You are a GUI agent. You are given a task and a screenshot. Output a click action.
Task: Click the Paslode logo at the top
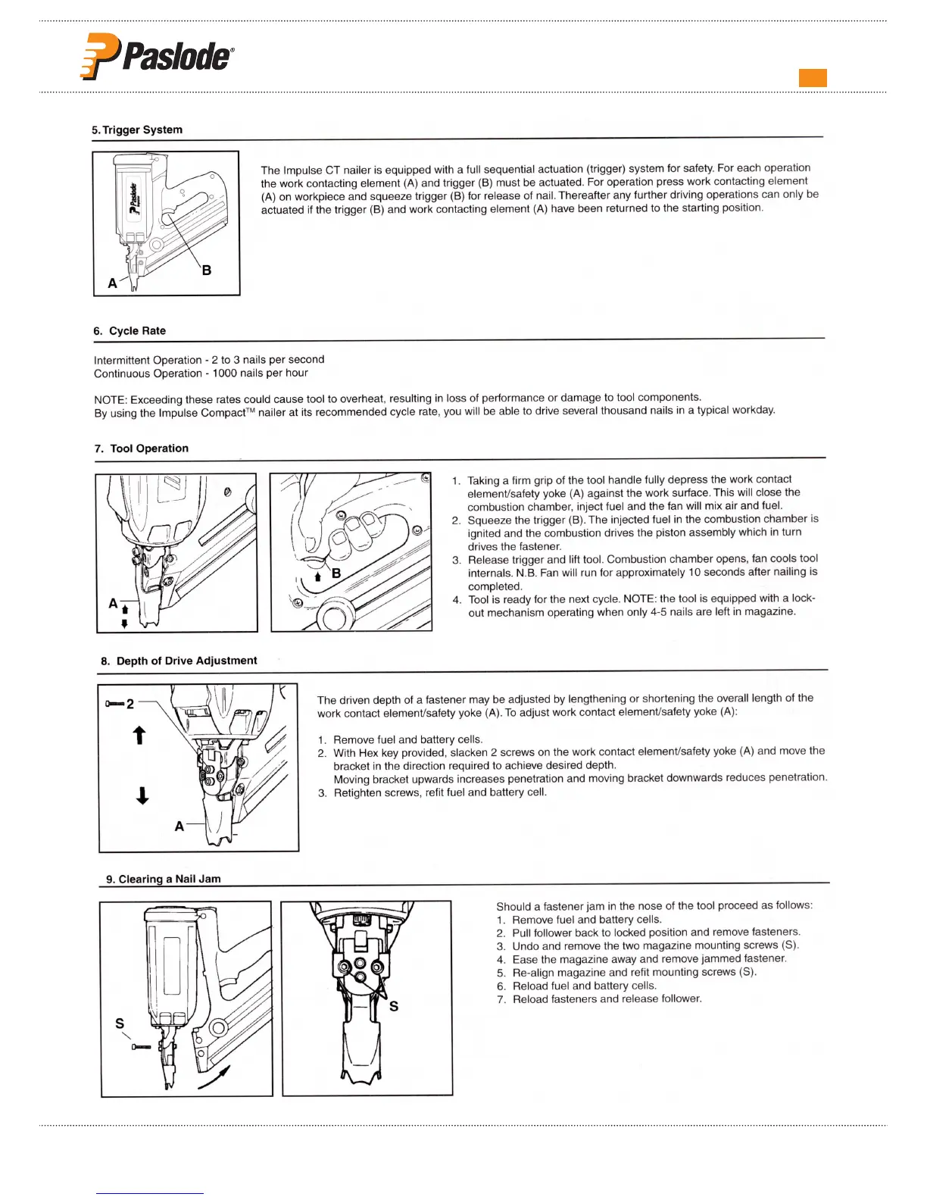157,56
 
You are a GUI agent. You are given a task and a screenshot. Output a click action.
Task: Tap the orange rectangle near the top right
813,78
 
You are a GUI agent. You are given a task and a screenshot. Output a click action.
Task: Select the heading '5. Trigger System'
137,130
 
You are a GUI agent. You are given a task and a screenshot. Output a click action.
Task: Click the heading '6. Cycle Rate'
130,331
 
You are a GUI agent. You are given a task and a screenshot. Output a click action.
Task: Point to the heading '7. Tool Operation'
142,448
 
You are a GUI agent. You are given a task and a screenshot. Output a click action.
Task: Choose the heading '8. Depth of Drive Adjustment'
179,661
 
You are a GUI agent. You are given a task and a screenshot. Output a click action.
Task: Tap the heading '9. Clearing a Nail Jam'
164,879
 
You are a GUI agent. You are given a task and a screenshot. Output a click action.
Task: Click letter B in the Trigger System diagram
206,270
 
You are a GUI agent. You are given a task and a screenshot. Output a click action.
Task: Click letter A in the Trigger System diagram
112,283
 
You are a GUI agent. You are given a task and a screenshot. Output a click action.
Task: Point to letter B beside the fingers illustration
336,573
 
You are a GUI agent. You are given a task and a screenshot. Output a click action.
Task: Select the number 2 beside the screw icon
130,704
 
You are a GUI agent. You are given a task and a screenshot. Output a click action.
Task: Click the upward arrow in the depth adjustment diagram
139,735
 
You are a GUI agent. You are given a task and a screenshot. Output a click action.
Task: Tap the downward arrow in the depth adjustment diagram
142,795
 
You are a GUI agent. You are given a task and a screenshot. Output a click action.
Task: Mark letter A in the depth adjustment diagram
179,826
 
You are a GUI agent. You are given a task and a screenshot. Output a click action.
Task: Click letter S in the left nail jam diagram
120,1023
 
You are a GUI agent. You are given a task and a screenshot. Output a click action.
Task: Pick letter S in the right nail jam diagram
394,1006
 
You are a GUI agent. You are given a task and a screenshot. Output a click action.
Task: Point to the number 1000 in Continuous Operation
225,373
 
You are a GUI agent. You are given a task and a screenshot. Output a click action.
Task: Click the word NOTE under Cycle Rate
110,399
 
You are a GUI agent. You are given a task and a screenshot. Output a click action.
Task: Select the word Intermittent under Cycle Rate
121,360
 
